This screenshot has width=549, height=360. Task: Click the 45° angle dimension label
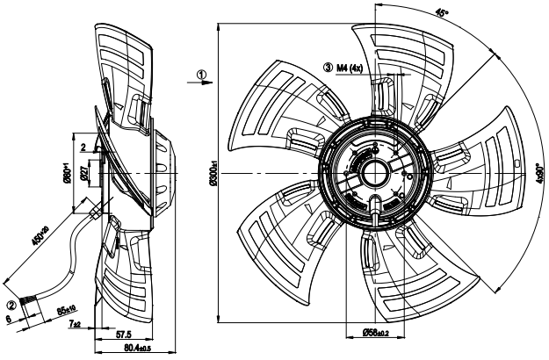(441, 15)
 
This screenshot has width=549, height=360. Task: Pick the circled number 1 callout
(201, 75)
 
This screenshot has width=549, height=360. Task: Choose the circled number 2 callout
(11, 306)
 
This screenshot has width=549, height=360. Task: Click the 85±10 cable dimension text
(67, 310)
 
